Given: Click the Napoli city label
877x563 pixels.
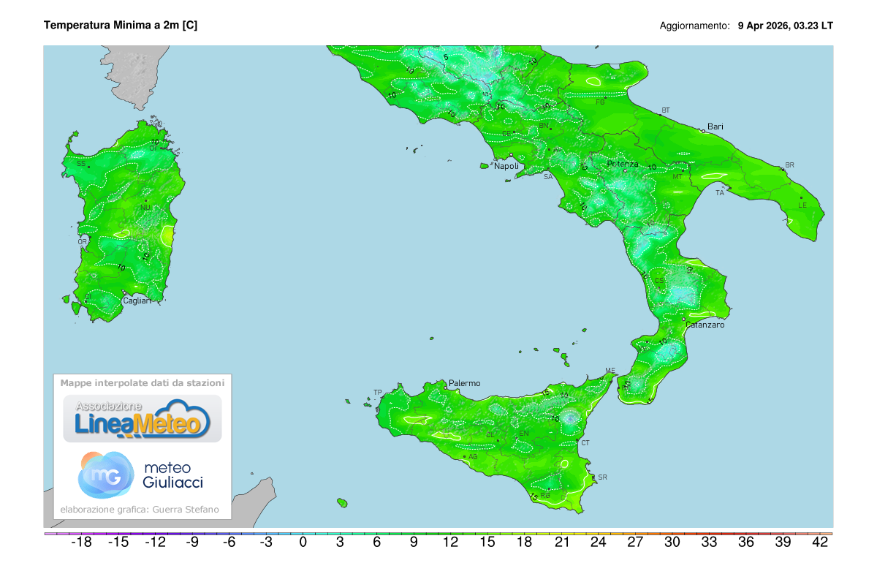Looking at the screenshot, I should click(x=506, y=166).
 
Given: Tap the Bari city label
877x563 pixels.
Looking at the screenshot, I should click(x=715, y=126).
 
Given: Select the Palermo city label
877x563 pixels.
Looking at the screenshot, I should click(x=464, y=383).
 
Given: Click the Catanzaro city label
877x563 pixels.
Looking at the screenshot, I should click(x=705, y=325).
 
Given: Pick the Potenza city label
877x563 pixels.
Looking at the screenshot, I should click(x=623, y=164).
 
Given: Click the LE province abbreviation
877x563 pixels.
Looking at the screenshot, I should click(x=802, y=205).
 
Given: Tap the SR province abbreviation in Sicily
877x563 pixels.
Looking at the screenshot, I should click(x=602, y=477).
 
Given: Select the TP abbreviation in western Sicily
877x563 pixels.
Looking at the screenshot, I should click(x=378, y=393).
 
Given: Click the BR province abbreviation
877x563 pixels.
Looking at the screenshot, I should click(x=789, y=165).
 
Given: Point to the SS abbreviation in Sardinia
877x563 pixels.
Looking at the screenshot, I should click(x=81, y=163).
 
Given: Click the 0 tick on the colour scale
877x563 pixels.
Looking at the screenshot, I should click(x=303, y=543).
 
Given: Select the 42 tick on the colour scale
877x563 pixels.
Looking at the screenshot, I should click(x=820, y=543).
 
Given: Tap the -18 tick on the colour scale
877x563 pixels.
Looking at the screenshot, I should click(x=80, y=543).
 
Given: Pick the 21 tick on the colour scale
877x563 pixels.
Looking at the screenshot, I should click(x=561, y=543).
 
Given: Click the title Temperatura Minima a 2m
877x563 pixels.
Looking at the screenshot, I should click(x=121, y=25).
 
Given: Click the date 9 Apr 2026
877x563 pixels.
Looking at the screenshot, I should click(x=764, y=26).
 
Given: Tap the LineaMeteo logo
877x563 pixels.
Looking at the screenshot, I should click(x=143, y=419).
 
